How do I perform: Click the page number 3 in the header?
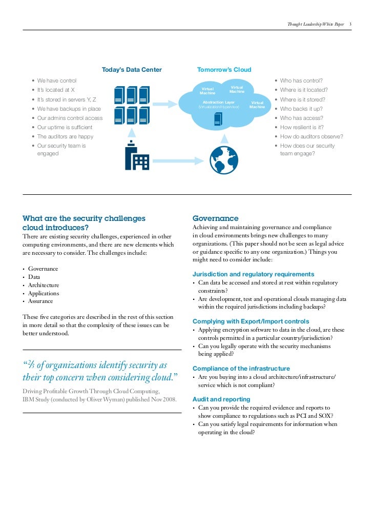tap(350, 24)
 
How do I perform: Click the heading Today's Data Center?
tap(132, 70)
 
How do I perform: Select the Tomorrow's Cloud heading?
tap(224, 70)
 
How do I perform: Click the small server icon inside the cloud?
tap(218, 119)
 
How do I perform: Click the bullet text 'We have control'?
tap(56, 81)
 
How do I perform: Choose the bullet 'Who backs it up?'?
tap(302, 109)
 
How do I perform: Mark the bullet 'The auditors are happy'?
tap(65, 136)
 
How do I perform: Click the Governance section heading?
tap(215, 218)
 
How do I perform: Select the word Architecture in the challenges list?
tap(44, 285)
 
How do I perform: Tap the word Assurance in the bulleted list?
tap(42, 301)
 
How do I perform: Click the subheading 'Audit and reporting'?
tap(221, 399)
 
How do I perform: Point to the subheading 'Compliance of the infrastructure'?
tap(241, 369)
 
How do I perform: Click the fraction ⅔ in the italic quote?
tap(30, 365)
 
